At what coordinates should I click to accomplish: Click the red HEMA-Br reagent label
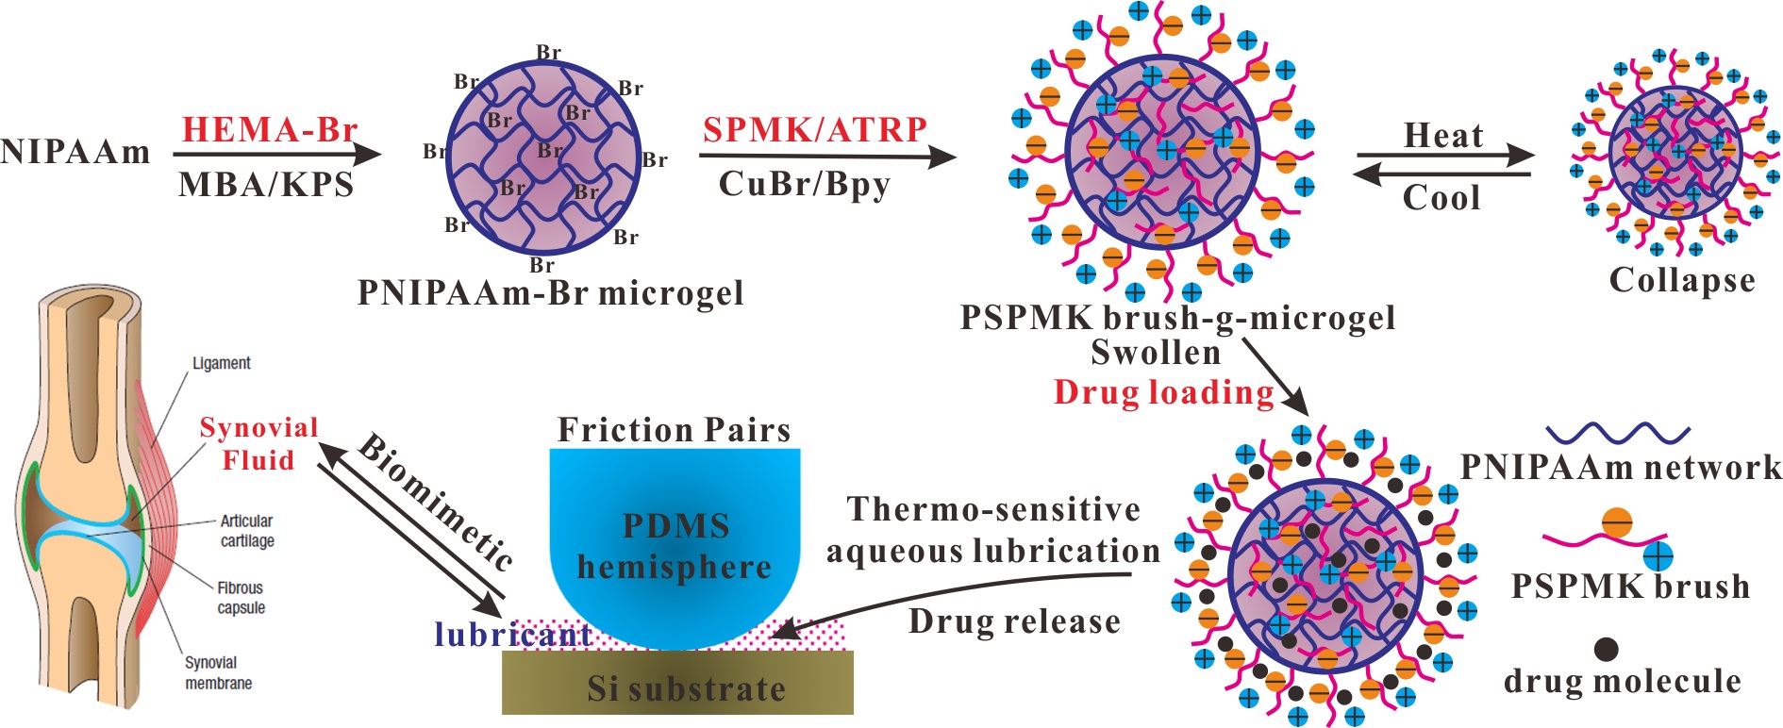click(x=270, y=129)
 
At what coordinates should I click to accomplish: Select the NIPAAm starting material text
click(x=75, y=152)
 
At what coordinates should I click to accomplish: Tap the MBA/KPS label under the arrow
click(x=266, y=184)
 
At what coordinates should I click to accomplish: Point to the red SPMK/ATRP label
click(x=815, y=129)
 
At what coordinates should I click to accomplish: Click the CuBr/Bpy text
click(x=804, y=184)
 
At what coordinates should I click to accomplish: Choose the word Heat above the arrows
click(x=1443, y=136)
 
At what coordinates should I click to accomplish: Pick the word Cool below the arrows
click(x=1441, y=197)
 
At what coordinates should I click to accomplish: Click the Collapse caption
click(x=1682, y=280)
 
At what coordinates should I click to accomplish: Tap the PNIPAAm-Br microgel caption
click(x=550, y=293)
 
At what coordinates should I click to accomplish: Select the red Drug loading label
click(x=1164, y=392)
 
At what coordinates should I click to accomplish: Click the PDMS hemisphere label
click(x=675, y=546)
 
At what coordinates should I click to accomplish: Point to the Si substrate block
click(x=677, y=686)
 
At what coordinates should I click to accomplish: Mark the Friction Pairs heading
click(x=674, y=430)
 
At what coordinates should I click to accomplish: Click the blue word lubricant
click(x=513, y=635)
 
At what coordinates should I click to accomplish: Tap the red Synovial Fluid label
click(x=258, y=443)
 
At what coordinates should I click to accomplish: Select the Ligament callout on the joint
click(x=221, y=363)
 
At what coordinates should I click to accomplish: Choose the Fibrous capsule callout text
click(x=241, y=598)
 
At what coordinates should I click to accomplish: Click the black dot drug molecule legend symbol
click(x=1606, y=649)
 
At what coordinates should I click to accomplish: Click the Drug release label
click(x=1014, y=621)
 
